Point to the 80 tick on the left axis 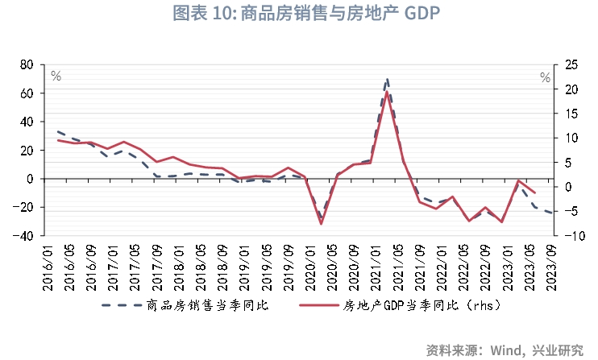27,64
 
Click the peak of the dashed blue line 388,79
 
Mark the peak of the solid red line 388,92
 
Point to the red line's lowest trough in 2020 321,223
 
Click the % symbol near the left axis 56,76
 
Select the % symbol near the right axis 546,77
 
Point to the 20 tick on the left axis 27,151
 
